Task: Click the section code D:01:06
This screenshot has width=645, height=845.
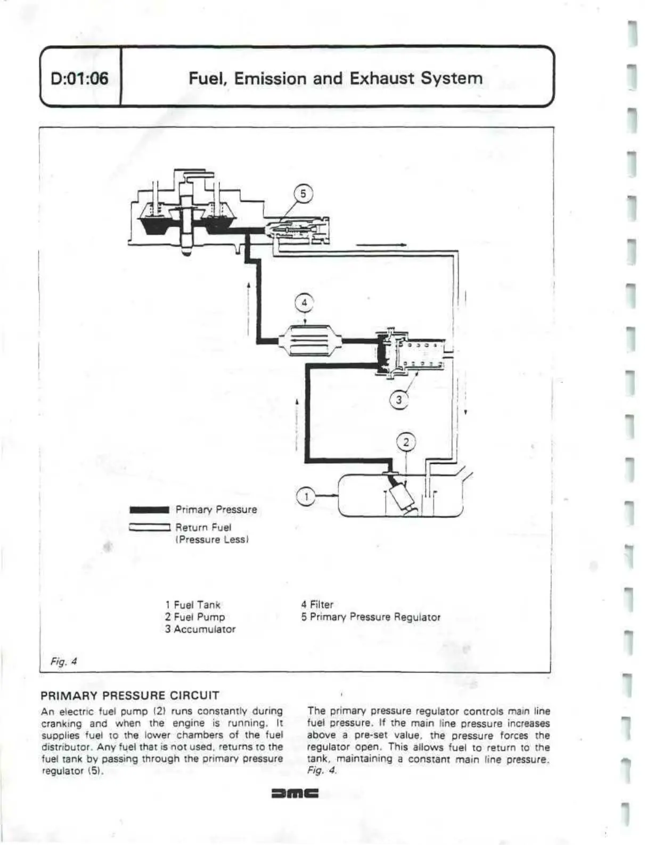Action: point(79,79)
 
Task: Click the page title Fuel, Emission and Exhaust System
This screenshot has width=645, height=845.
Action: point(336,78)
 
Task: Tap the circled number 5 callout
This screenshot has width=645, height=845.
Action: point(303,194)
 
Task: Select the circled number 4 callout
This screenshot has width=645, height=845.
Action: point(305,303)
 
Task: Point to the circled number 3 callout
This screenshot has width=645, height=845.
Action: point(399,399)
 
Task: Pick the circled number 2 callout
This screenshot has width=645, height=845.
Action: point(406,442)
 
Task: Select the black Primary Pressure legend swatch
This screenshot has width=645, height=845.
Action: point(149,510)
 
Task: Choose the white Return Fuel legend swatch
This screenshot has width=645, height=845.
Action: point(149,528)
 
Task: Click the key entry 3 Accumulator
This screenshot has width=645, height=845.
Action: point(200,629)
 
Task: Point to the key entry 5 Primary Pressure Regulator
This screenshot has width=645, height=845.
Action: point(371,617)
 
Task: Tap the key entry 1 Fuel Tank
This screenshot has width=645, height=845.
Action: point(193,605)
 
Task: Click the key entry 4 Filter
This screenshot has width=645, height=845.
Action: point(317,605)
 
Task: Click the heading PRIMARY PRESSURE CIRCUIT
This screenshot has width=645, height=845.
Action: point(130,695)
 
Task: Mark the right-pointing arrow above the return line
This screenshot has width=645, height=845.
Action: point(381,245)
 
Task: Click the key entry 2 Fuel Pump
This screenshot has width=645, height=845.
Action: point(195,617)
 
